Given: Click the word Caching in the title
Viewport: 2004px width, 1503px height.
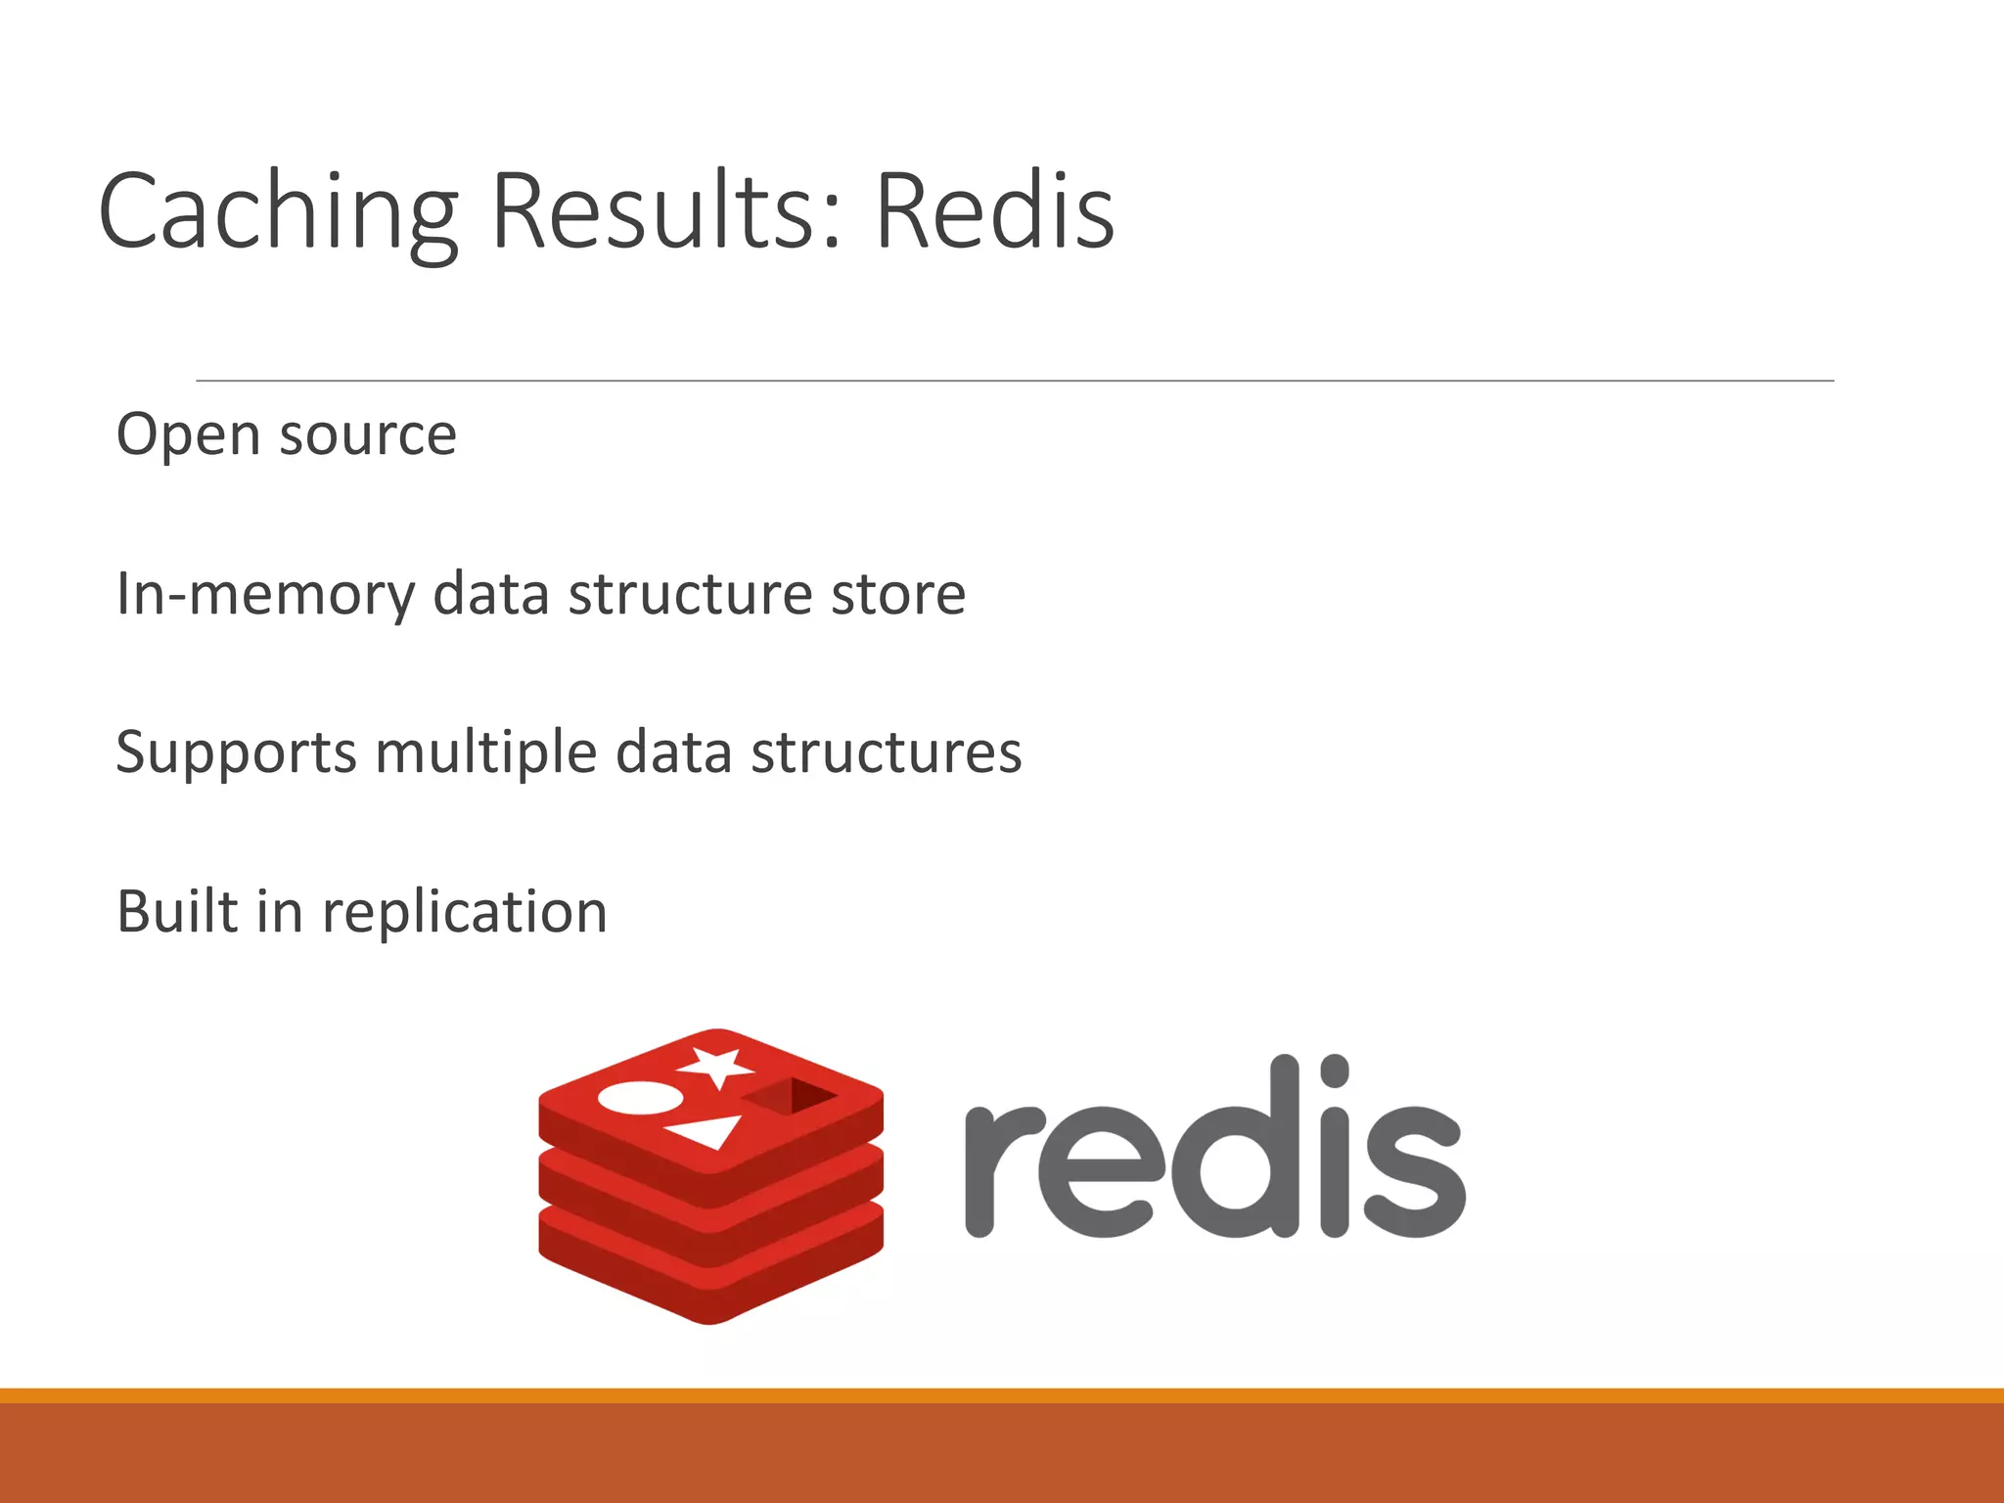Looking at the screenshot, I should click(278, 212).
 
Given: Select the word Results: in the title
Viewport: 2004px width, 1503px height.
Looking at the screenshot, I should click(665, 212).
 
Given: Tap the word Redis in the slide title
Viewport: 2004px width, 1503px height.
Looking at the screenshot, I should click(993, 212).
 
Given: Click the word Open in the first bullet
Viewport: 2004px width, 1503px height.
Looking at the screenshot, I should click(186, 435).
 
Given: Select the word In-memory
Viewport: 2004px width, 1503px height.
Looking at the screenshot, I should click(265, 595).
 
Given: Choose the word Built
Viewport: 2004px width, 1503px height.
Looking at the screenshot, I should click(177, 912).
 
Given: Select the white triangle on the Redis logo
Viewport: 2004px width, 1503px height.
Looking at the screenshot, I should click(706, 1131).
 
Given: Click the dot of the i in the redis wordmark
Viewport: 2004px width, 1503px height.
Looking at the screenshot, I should click(1334, 1070).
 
